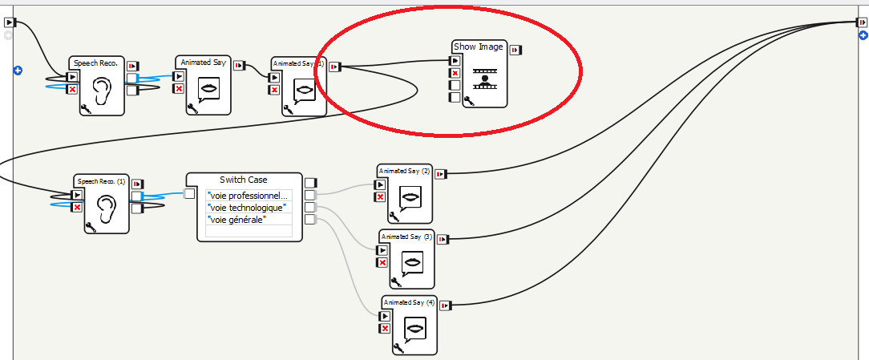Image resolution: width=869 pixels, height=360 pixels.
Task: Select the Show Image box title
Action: [x=479, y=47]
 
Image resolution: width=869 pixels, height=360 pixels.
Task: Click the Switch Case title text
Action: [x=244, y=180]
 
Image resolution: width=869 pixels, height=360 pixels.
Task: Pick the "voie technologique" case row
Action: [x=247, y=208]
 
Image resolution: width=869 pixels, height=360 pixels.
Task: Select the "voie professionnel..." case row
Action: [x=249, y=196]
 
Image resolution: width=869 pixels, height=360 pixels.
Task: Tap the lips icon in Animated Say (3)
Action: [x=413, y=262]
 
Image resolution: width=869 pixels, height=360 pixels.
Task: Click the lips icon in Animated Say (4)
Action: [x=414, y=328]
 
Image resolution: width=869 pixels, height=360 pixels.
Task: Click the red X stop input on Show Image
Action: [x=455, y=73]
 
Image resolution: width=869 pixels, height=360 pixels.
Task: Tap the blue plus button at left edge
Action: [x=18, y=71]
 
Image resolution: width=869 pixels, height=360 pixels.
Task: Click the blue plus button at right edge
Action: [x=863, y=34]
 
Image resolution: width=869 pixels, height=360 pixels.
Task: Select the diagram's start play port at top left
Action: [x=9, y=22]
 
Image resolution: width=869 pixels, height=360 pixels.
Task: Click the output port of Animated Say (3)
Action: [x=443, y=239]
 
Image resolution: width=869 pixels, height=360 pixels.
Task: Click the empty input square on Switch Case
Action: [x=190, y=193]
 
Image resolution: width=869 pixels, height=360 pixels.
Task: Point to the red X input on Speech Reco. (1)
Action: [x=77, y=208]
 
